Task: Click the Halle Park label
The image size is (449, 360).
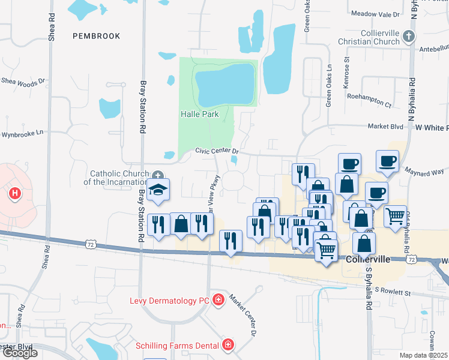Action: coord(200,114)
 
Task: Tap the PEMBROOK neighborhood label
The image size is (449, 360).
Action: coord(97,36)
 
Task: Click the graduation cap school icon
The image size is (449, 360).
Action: coord(158,190)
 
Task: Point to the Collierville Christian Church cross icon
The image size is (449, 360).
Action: coord(408,37)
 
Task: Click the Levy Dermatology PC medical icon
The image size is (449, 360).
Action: coord(218,299)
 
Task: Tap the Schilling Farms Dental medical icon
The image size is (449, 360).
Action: coord(228,344)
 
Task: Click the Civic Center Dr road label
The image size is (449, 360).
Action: coord(217,152)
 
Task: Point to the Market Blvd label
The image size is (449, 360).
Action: coord(385,127)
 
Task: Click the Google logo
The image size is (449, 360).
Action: coord(20,353)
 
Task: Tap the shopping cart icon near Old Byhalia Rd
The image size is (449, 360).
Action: coord(394,215)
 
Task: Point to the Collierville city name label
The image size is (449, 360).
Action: coord(369,259)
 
